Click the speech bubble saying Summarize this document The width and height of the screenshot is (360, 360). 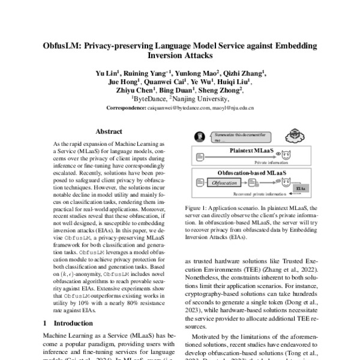point(227,136)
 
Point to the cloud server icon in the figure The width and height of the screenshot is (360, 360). point(295,135)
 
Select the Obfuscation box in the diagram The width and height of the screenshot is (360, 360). point(223,182)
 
